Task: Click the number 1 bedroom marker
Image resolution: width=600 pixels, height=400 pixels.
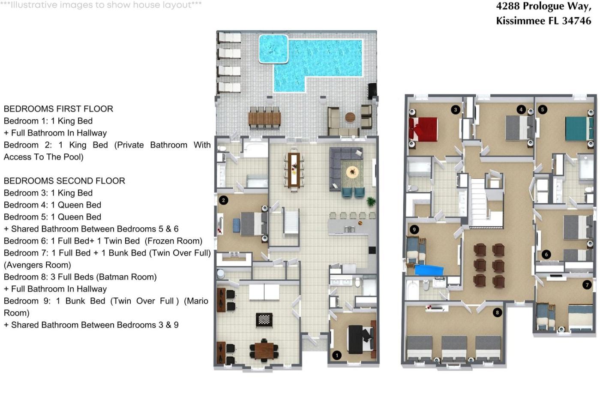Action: [337, 355]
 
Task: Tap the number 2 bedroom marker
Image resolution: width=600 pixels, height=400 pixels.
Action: [223, 200]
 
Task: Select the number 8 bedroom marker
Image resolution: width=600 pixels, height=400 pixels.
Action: [498, 313]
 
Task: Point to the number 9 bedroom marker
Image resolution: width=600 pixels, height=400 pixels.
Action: [414, 230]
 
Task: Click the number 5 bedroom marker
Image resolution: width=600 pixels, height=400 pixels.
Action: [543, 109]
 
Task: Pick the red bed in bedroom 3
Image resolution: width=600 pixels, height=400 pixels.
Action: [423, 129]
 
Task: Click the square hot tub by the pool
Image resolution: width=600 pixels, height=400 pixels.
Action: [273, 49]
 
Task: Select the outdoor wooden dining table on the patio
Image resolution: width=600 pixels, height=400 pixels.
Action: [265, 118]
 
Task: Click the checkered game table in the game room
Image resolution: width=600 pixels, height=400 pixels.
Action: [264, 319]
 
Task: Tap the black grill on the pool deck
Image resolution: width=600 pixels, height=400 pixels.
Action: [372, 91]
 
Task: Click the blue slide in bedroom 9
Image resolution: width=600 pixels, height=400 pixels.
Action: [429, 270]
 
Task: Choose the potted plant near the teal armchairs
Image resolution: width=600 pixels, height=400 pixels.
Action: [371, 201]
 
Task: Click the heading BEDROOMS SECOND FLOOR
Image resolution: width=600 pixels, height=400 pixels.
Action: [64, 181]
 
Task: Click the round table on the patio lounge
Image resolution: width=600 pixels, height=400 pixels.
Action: [350, 117]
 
